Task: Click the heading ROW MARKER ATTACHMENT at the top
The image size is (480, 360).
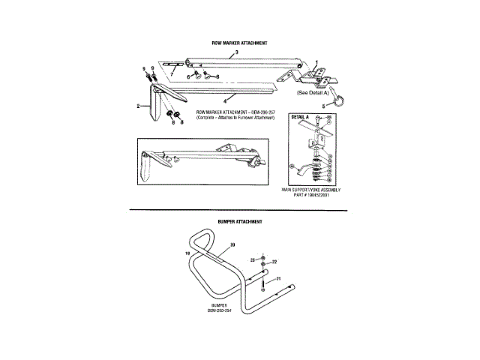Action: [x=241, y=43]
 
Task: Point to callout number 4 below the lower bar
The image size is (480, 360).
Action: [x=225, y=101]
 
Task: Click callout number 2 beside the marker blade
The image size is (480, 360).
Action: [x=139, y=106]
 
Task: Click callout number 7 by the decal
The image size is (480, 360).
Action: [x=171, y=75]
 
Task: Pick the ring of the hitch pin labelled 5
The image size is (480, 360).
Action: [x=337, y=100]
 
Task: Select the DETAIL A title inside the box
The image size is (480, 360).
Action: [x=300, y=118]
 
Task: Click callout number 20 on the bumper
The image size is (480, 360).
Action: [x=232, y=245]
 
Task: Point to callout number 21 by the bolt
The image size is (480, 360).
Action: [x=278, y=278]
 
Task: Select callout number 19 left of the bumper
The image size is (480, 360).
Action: [x=187, y=254]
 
